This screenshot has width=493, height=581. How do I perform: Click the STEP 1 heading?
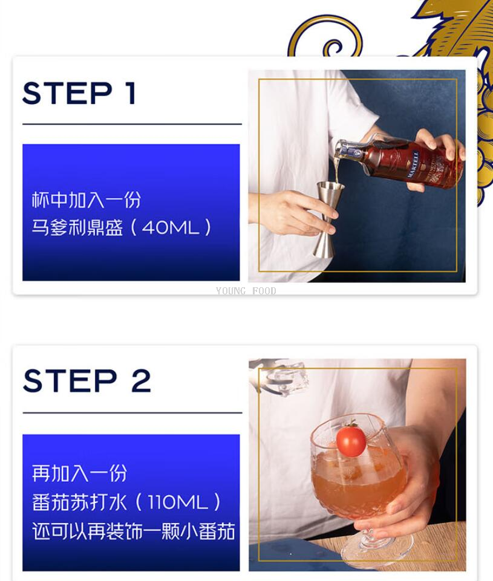tap(79, 93)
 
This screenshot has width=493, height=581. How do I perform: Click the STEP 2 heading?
tap(87, 380)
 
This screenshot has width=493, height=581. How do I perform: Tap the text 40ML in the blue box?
tap(171, 227)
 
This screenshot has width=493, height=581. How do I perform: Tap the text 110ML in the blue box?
tap(178, 502)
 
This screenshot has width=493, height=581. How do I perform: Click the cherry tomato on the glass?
tap(351, 440)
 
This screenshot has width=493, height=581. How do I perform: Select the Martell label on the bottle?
tap(413, 163)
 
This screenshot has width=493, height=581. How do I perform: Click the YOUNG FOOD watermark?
tap(246, 291)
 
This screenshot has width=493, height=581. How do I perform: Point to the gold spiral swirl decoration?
tap(325, 37)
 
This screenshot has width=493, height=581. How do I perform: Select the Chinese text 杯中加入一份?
tap(86, 200)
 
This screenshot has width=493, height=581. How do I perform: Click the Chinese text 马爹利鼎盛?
tap(77, 227)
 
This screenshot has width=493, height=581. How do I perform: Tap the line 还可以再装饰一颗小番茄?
tap(134, 531)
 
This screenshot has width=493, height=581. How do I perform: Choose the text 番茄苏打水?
tap(80, 502)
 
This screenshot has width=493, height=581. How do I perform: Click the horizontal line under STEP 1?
tap(132, 124)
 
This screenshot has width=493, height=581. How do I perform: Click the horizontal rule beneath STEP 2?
tap(132, 412)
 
